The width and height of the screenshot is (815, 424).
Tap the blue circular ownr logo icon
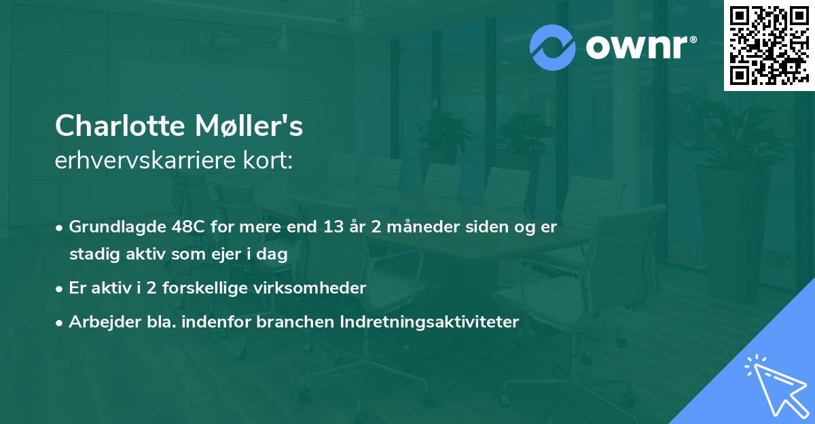553,48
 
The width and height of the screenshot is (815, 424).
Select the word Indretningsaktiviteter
429,322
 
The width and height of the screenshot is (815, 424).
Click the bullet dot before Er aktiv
60,289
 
